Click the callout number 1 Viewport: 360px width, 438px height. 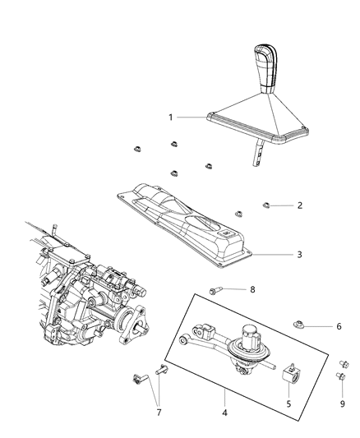point(172,118)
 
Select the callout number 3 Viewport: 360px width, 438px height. point(276,254)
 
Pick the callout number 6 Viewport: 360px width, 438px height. point(339,326)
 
